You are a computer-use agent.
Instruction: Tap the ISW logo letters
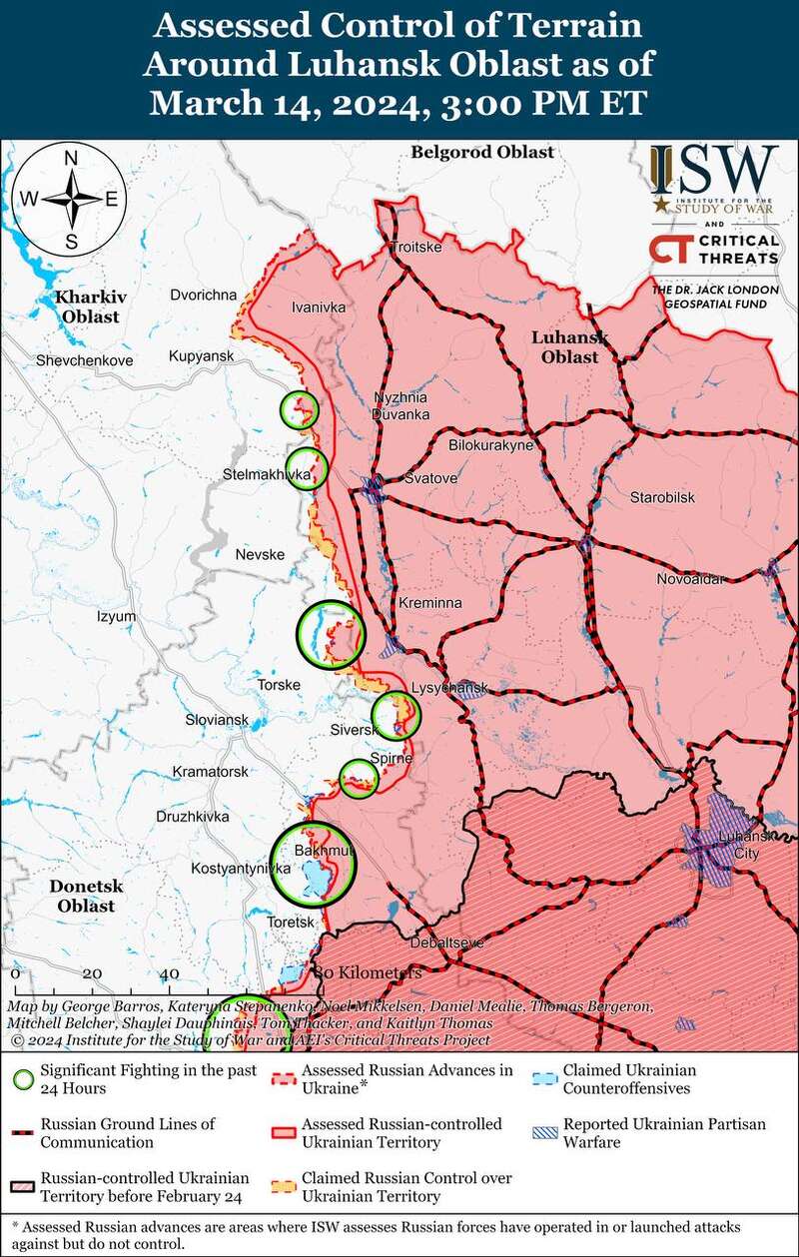713,171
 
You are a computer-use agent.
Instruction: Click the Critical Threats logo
713,249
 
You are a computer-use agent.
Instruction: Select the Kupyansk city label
201,356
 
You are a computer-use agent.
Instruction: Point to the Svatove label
430,479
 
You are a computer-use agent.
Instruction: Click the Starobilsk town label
662,497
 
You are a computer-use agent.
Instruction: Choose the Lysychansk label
448,688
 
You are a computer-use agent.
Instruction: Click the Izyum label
116,617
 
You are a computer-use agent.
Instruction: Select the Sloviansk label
217,719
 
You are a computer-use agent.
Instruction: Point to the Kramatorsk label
210,772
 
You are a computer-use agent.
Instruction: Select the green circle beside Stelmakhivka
308,467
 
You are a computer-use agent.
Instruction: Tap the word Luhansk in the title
367,64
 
